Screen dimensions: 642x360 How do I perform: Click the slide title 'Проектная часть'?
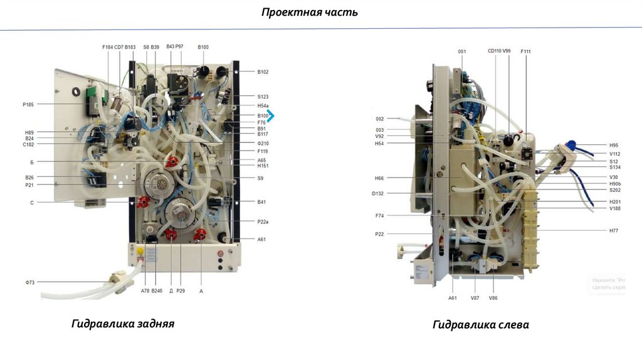click(x=310, y=12)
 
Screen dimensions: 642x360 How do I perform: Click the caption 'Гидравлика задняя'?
click(x=122, y=324)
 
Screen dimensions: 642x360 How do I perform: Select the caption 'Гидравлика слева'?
click(x=480, y=324)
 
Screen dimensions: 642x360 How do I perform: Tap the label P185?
click(x=28, y=104)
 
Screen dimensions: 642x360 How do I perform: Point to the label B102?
click(x=263, y=72)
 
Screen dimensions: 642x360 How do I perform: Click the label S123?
click(x=263, y=97)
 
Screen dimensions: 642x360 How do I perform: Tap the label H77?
click(x=613, y=230)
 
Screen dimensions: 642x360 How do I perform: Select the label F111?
click(x=525, y=51)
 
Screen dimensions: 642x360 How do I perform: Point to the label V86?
click(x=493, y=298)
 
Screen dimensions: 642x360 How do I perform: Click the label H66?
click(x=380, y=178)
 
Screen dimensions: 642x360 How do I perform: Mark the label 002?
click(x=380, y=119)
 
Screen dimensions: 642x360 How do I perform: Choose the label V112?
click(x=614, y=154)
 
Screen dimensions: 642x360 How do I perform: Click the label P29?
click(x=181, y=291)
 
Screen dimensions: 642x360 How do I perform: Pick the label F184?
click(x=107, y=47)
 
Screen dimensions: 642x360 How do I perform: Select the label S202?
click(x=614, y=190)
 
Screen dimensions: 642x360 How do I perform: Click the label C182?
click(x=28, y=145)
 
